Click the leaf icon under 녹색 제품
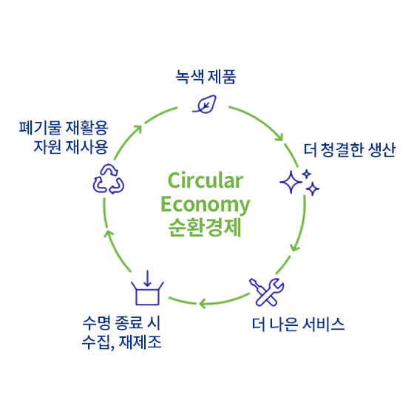pyautogui.click(x=205, y=104)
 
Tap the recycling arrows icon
pyautogui.click(x=108, y=179)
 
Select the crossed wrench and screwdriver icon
pyautogui.click(x=266, y=292)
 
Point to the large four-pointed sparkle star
pyautogui.click(x=291, y=182)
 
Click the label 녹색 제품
pyautogui.click(x=206, y=77)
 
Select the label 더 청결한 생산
pyautogui.click(x=349, y=149)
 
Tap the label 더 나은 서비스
pyautogui.click(x=298, y=324)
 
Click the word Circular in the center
pyautogui.click(x=206, y=180)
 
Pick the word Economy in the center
pyautogui.click(x=206, y=205)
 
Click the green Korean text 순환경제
pyautogui.click(x=205, y=228)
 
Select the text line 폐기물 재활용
pyautogui.click(x=64, y=127)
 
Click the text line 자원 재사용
pyautogui.click(x=71, y=147)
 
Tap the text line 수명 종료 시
pyautogui.click(x=121, y=322)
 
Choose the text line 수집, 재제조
pyautogui.click(x=121, y=342)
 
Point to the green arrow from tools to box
pyautogui.click(x=224, y=302)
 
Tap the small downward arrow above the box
pyautogui.click(x=147, y=278)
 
